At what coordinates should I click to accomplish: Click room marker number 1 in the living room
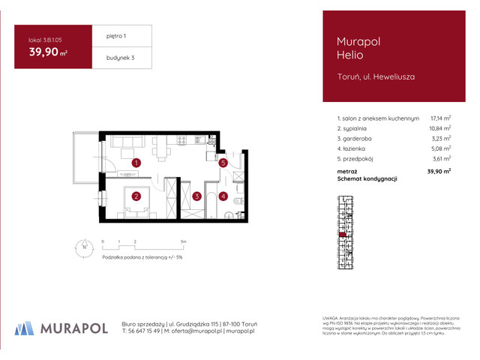pyautogui.click(x=136, y=163)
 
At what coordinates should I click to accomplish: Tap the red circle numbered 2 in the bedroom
pyautogui.click(x=136, y=197)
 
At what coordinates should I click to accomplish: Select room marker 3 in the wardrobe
pyautogui.click(x=196, y=197)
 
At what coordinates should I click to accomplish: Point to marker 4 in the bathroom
pyautogui.click(x=223, y=197)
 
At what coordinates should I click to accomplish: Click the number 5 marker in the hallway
pyautogui.click(x=223, y=163)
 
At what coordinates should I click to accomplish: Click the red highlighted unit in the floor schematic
pyautogui.click(x=343, y=235)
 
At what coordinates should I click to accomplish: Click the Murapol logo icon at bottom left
pyautogui.click(x=25, y=327)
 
